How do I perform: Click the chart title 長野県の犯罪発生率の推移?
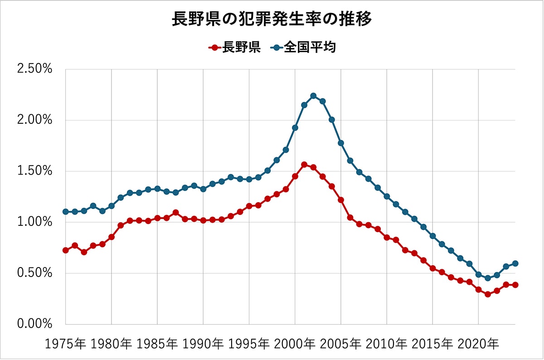coord(272,19)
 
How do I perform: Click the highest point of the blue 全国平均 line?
coord(313,96)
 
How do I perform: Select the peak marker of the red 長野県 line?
coord(304,165)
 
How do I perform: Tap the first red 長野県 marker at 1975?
coord(66,250)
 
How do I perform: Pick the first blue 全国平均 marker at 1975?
coord(66,212)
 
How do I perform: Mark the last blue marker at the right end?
coord(515,263)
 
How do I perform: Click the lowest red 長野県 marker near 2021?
coord(487,294)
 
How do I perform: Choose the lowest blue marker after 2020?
coord(487,278)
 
